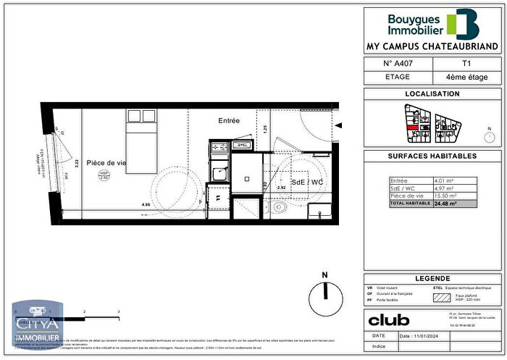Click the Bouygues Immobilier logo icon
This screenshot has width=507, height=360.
[464, 23]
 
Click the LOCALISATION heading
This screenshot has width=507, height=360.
[432, 94]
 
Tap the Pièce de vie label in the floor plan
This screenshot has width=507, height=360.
[106, 163]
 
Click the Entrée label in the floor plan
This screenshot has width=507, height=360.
[229, 120]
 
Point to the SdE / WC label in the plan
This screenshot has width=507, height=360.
[305, 181]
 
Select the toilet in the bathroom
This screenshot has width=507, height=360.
[279, 207]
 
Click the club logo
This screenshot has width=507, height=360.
[389, 319]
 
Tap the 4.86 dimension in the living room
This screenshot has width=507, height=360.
[146, 205]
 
